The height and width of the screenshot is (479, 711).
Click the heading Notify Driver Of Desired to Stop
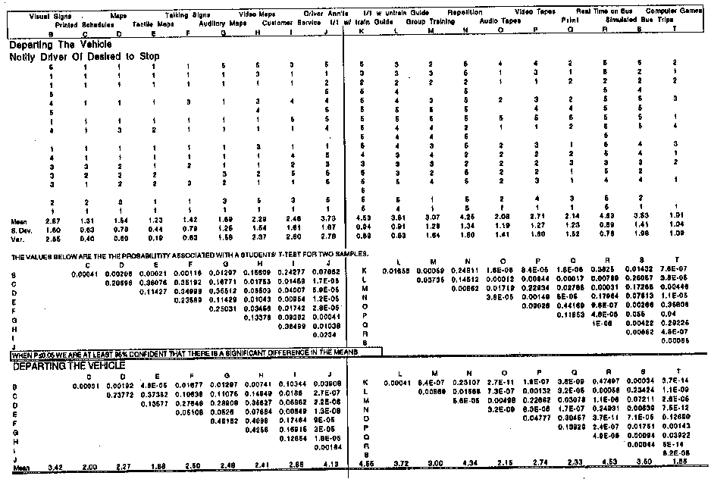[x=84, y=56]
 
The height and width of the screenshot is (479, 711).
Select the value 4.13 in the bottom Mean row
[x=325, y=472]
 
